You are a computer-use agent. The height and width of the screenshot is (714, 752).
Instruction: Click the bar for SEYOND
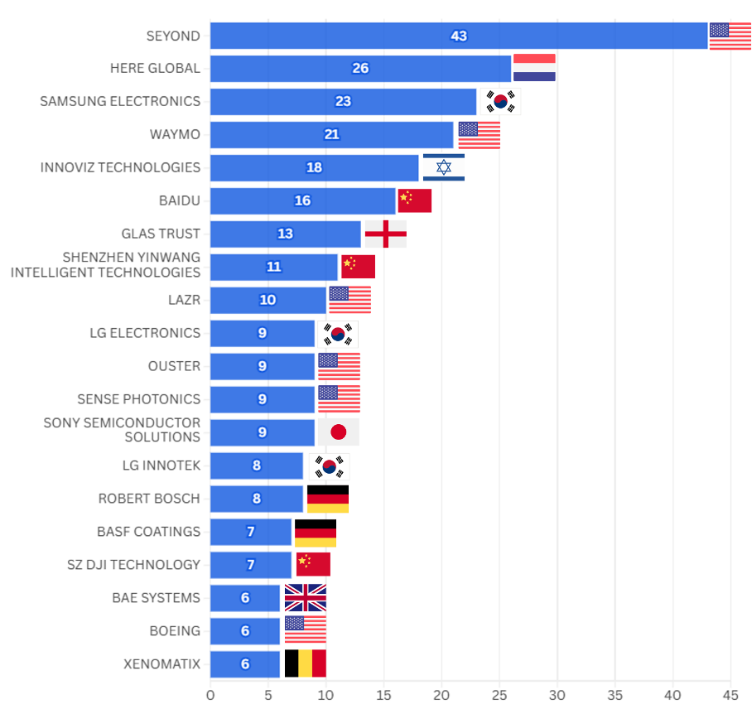(x=459, y=36)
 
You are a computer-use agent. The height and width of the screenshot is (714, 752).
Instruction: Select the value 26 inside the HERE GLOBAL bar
(x=360, y=69)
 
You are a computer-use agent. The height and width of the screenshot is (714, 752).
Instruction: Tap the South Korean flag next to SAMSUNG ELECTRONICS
(x=501, y=102)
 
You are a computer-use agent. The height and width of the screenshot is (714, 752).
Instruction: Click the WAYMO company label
(x=175, y=134)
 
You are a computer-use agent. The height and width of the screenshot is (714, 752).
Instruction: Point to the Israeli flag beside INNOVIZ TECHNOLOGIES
(x=444, y=167)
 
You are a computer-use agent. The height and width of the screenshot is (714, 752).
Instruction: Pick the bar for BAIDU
(x=303, y=201)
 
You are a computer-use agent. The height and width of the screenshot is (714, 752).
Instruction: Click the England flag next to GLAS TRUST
(x=386, y=234)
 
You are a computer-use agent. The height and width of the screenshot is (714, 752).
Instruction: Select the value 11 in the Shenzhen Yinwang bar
(x=274, y=267)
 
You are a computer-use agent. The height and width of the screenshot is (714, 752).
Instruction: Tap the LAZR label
(x=184, y=300)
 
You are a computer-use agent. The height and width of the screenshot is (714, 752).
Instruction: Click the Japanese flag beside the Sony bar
(x=339, y=432)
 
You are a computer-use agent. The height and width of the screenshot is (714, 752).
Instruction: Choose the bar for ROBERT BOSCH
(x=257, y=499)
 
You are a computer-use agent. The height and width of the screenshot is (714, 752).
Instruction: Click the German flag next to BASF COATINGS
(x=316, y=533)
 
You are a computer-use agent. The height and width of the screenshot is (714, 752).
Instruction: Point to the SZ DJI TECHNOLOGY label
(x=133, y=565)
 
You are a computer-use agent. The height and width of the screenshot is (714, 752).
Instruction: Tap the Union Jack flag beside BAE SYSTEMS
(x=306, y=597)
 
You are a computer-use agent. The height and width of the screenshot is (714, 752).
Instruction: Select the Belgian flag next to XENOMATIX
(x=306, y=663)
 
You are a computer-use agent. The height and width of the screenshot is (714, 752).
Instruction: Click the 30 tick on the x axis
(x=557, y=695)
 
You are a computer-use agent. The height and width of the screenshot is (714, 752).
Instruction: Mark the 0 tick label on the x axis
(x=210, y=695)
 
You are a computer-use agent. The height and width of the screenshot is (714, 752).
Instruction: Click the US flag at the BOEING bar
(x=306, y=630)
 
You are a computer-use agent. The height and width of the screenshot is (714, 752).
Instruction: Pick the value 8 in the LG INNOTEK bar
(x=257, y=466)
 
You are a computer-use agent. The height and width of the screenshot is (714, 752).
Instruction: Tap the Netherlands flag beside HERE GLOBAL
(x=534, y=68)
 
